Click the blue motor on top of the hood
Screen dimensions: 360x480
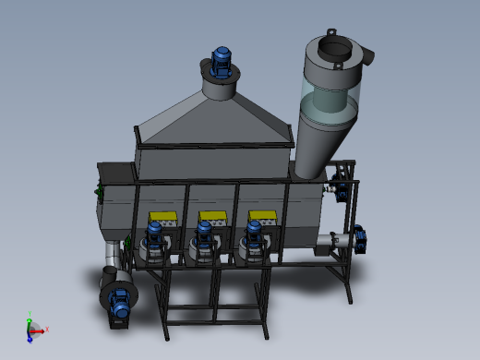coord(222,61)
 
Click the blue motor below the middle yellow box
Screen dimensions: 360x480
coord(204,237)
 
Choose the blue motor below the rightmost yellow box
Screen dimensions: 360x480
coord(253,236)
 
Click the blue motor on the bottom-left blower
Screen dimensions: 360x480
coord(120,305)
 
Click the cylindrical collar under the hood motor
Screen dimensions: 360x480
coord(220,88)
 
